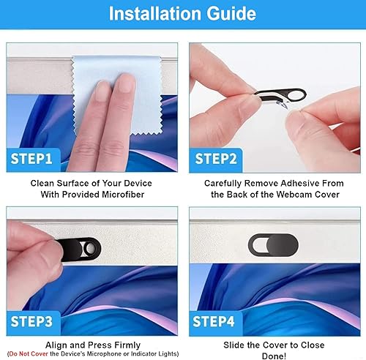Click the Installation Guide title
click(x=183, y=14)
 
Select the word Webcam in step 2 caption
click(x=277, y=195)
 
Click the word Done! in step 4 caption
click(x=273, y=355)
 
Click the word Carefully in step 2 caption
click(x=226, y=182)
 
